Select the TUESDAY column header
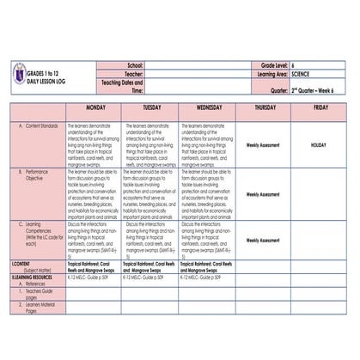point(151,108)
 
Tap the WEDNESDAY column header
point(209,108)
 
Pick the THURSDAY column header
point(265,108)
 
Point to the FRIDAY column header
point(320,108)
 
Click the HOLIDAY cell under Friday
point(320,145)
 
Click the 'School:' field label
point(135,64)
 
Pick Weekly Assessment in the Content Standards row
point(265,145)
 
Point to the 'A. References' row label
point(35,285)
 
